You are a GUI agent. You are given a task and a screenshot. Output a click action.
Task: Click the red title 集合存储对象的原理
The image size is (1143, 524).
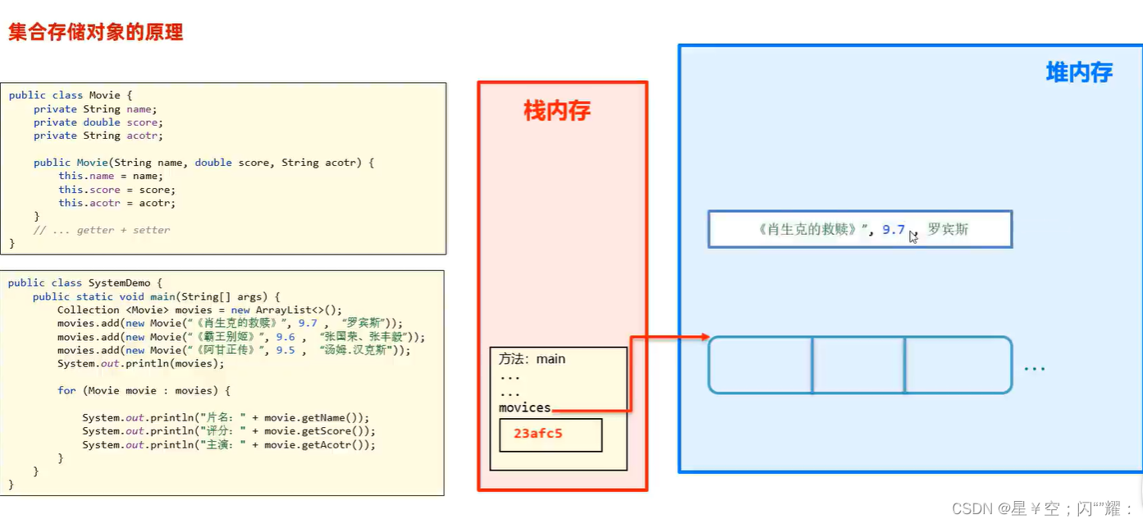(x=95, y=33)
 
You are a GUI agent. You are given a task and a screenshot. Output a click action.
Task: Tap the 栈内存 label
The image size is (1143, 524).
(x=557, y=111)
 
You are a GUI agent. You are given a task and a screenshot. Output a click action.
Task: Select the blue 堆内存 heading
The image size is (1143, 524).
(x=1078, y=72)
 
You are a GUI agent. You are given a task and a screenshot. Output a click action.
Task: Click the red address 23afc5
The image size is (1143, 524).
(x=537, y=434)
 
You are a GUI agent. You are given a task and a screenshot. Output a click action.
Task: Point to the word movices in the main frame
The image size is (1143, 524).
(x=524, y=407)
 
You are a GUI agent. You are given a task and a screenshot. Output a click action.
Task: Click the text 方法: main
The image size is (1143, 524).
(x=532, y=359)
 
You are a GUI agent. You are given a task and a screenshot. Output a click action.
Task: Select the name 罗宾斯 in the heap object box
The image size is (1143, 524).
(x=948, y=229)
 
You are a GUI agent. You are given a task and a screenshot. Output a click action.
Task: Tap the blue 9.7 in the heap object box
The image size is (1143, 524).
(x=893, y=230)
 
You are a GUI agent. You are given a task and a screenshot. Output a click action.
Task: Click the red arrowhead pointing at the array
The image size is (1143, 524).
(x=703, y=336)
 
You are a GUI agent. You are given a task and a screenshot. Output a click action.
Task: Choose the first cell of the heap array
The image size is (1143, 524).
(x=761, y=365)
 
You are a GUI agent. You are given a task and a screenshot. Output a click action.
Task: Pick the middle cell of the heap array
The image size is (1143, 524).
(x=858, y=365)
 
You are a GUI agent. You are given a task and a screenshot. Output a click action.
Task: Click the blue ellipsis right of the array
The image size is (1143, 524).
(x=1034, y=368)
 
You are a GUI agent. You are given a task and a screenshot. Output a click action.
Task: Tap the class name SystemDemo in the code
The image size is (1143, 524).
(x=119, y=283)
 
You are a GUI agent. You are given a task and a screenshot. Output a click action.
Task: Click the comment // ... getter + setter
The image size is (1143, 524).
(x=102, y=230)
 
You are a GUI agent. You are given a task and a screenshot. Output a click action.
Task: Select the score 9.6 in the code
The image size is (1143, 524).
(x=285, y=337)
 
